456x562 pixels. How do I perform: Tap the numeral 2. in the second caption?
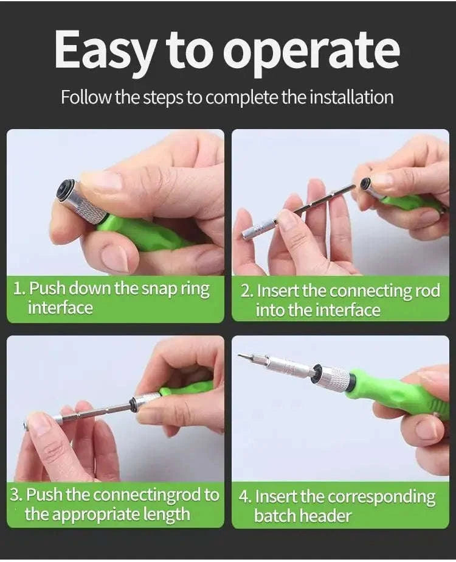point(246,290)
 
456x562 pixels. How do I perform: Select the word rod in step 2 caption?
point(426,290)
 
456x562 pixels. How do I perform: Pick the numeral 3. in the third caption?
point(17,494)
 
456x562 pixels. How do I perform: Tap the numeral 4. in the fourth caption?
point(246,496)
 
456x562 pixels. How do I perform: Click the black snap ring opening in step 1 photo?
point(64,189)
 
